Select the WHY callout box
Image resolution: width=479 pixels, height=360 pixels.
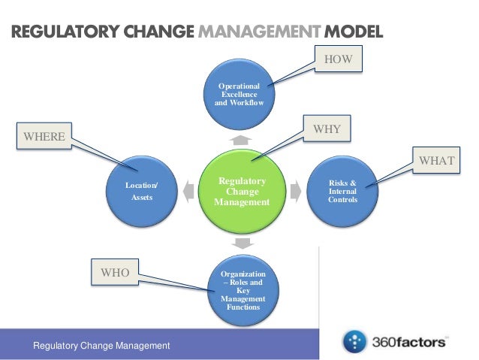point(327,129)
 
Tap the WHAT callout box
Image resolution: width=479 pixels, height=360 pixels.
point(435,160)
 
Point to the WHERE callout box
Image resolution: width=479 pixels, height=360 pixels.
point(44,136)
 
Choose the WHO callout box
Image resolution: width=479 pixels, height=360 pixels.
point(115,273)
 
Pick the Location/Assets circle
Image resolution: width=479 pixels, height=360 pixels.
point(142,191)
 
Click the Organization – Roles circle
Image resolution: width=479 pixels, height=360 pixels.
point(243,290)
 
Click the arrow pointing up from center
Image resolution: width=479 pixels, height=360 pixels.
point(241,141)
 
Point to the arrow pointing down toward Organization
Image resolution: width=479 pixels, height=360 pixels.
point(242,243)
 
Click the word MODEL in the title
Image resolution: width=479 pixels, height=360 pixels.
point(353,32)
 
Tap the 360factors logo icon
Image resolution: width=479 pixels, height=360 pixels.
point(354,342)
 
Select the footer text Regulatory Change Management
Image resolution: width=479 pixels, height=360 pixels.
point(101,345)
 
